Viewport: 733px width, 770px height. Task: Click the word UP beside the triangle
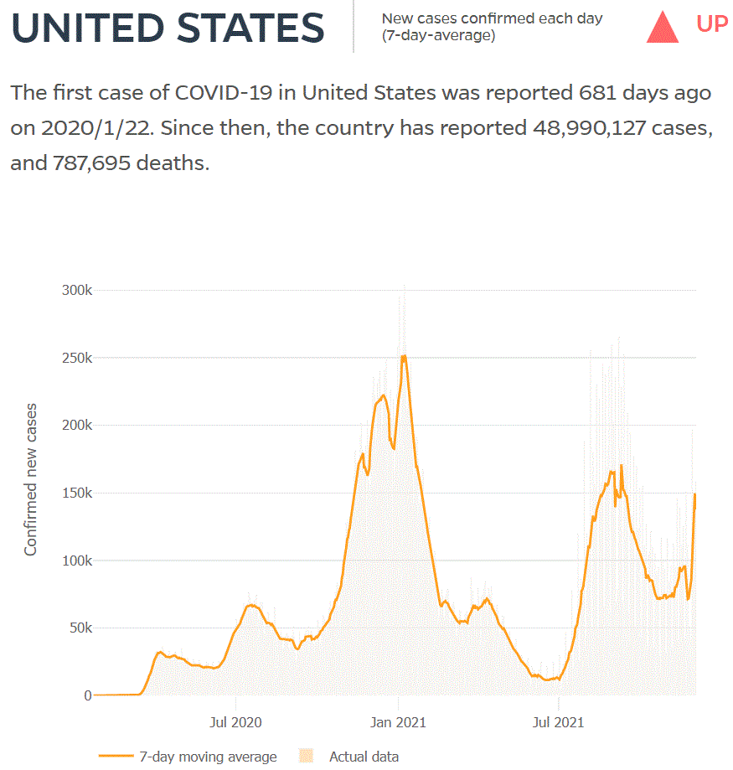pyautogui.click(x=712, y=24)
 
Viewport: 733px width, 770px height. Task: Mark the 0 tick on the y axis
pyautogui.click(x=87, y=695)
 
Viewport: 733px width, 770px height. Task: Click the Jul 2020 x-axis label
pyautogui.click(x=235, y=721)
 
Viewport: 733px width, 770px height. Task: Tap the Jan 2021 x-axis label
pyautogui.click(x=398, y=721)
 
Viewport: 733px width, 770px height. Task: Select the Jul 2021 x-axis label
pyautogui.click(x=558, y=721)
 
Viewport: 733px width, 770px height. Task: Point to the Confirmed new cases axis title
pyautogui.click(x=31, y=479)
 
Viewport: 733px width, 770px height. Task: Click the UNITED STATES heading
pyautogui.click(x=168, y=28)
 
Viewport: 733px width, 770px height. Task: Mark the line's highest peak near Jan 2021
pyautogui.click(x=404, y=356)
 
